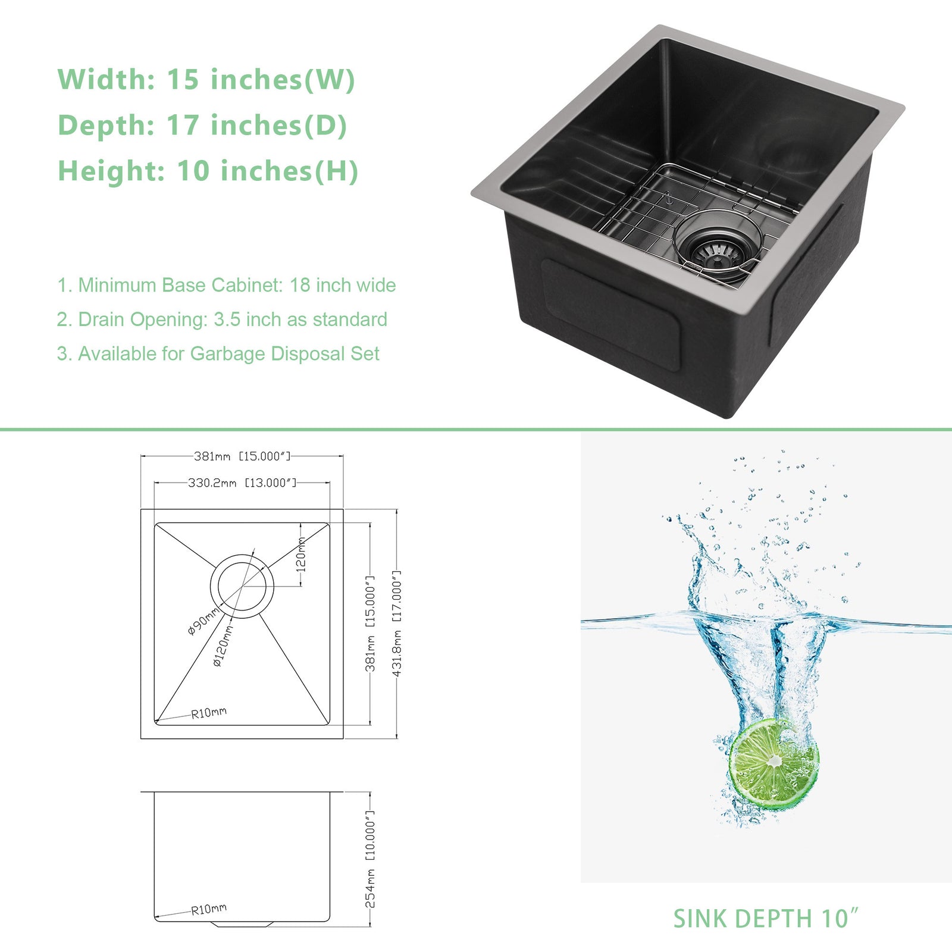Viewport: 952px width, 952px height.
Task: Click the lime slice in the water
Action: (773, 764)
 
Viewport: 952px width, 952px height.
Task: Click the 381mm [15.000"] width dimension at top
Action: (242, 456)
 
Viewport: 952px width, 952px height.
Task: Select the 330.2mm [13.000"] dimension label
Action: (242, 483)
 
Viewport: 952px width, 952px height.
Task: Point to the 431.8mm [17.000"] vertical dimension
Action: (397, 623)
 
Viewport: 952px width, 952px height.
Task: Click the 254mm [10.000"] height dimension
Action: (369, 859)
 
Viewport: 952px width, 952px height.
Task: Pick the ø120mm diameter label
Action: (223, 645)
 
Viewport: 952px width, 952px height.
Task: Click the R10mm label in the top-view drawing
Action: (209, 713)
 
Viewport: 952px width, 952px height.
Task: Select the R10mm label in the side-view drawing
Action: (209, 909)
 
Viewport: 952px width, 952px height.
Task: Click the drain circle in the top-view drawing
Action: (242, 586)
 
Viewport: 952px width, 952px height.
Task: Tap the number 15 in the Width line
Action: (182, 80)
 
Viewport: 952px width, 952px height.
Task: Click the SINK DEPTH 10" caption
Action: (766, 919)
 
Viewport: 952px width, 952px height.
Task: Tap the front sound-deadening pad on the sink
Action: (610, 315)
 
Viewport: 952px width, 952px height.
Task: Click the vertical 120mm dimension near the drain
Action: (301, 554)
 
